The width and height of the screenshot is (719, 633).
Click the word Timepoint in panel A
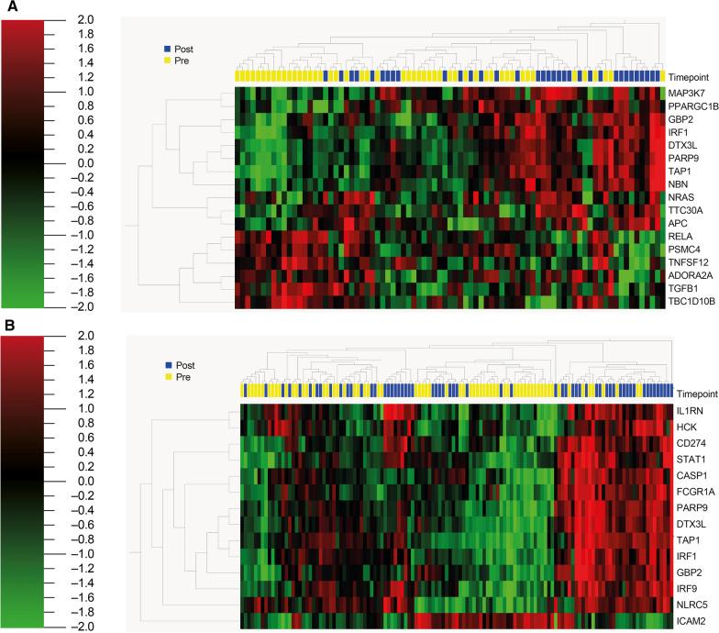(690, 76)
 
